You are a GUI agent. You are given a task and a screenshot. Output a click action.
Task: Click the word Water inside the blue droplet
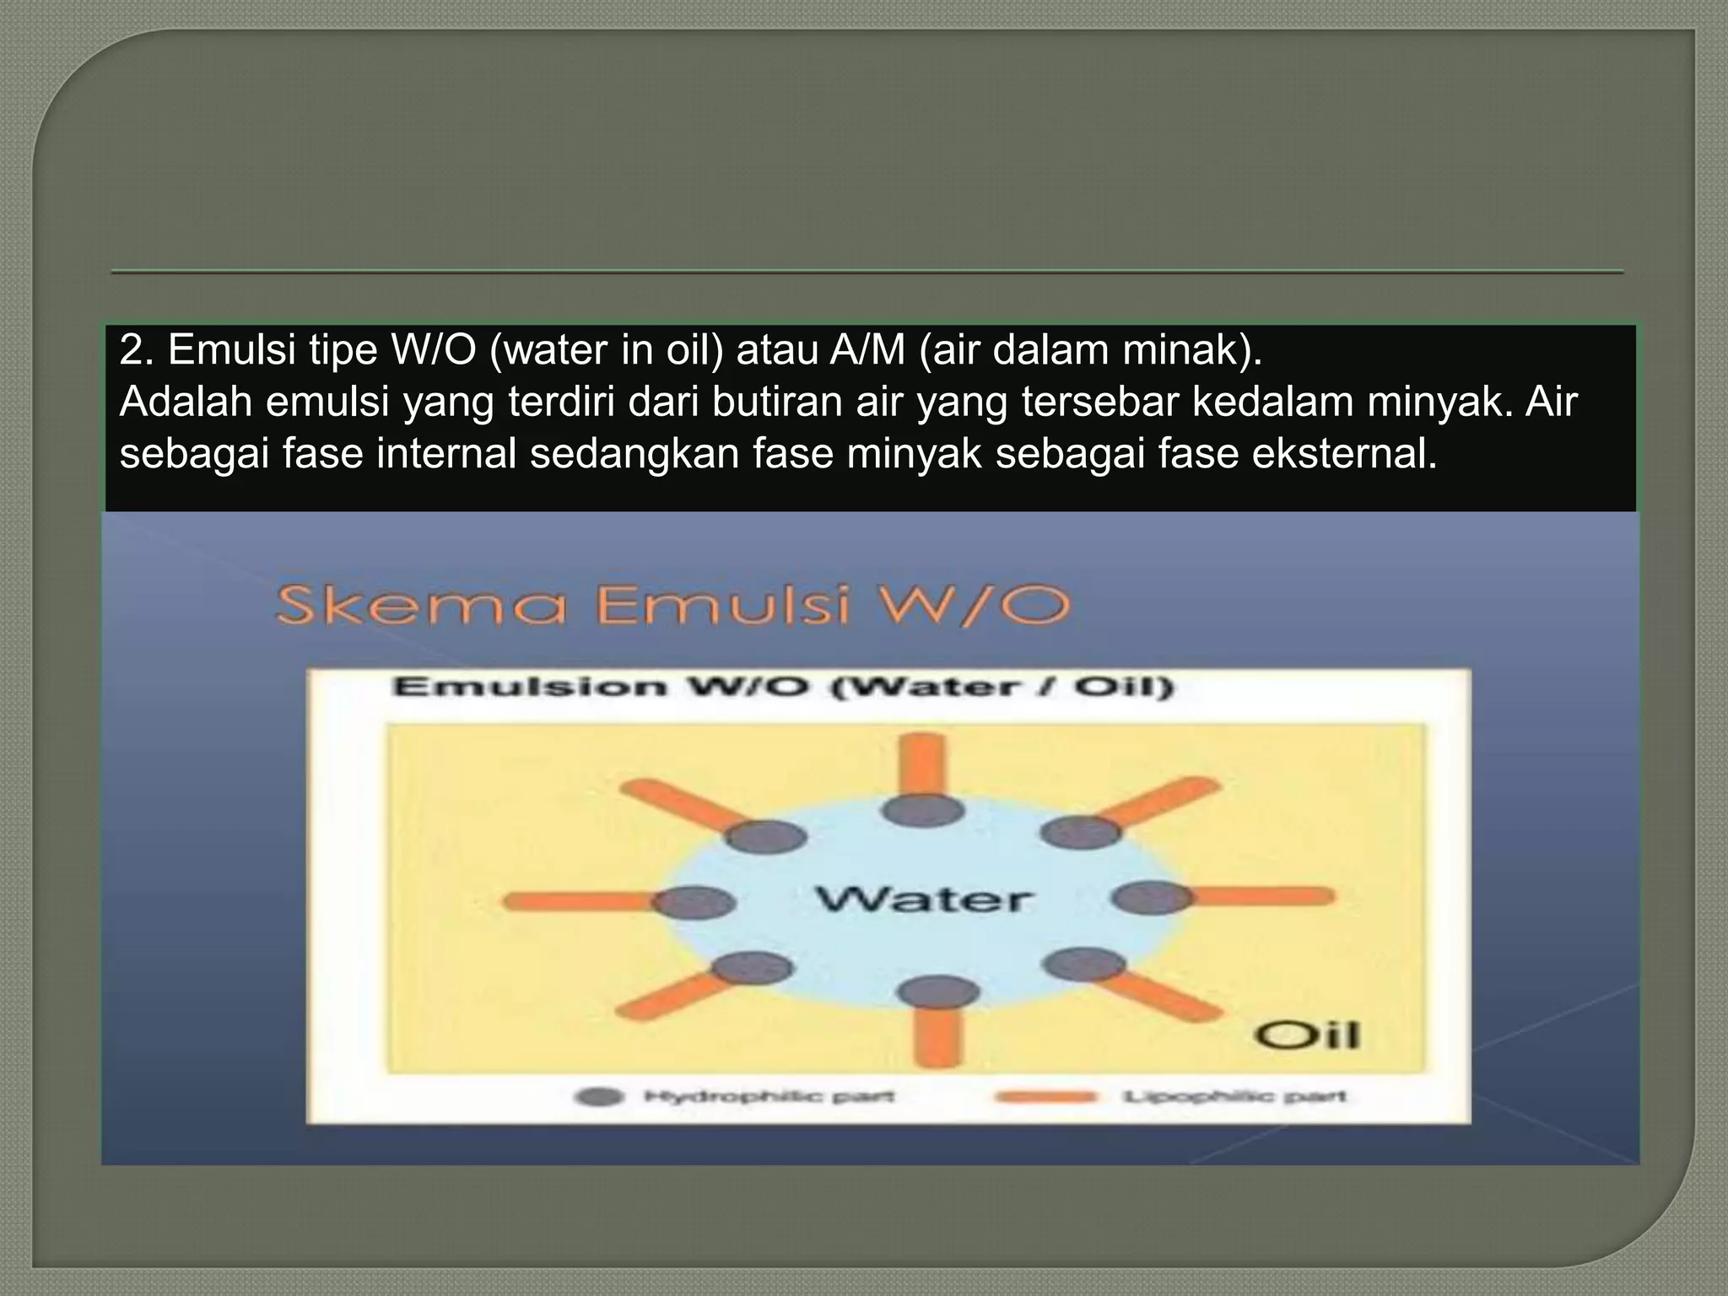[923, 899]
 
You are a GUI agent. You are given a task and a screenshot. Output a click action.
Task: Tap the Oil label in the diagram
[1307, 1035]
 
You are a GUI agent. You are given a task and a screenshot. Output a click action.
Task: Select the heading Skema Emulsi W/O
[672, 606]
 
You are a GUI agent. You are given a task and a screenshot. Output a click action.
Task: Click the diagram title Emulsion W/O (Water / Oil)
[783, 687]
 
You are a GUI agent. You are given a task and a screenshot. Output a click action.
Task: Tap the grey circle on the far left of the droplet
[694, 903]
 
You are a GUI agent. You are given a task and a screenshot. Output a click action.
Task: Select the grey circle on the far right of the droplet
[1151, 898]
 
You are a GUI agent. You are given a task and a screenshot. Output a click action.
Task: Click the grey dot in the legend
[599, 1097]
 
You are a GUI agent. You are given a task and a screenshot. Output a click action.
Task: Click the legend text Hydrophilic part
[769, 1097]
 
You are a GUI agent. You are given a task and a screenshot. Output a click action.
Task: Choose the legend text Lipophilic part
[1234, 1097]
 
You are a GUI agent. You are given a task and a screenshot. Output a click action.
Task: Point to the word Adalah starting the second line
[186, 402]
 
